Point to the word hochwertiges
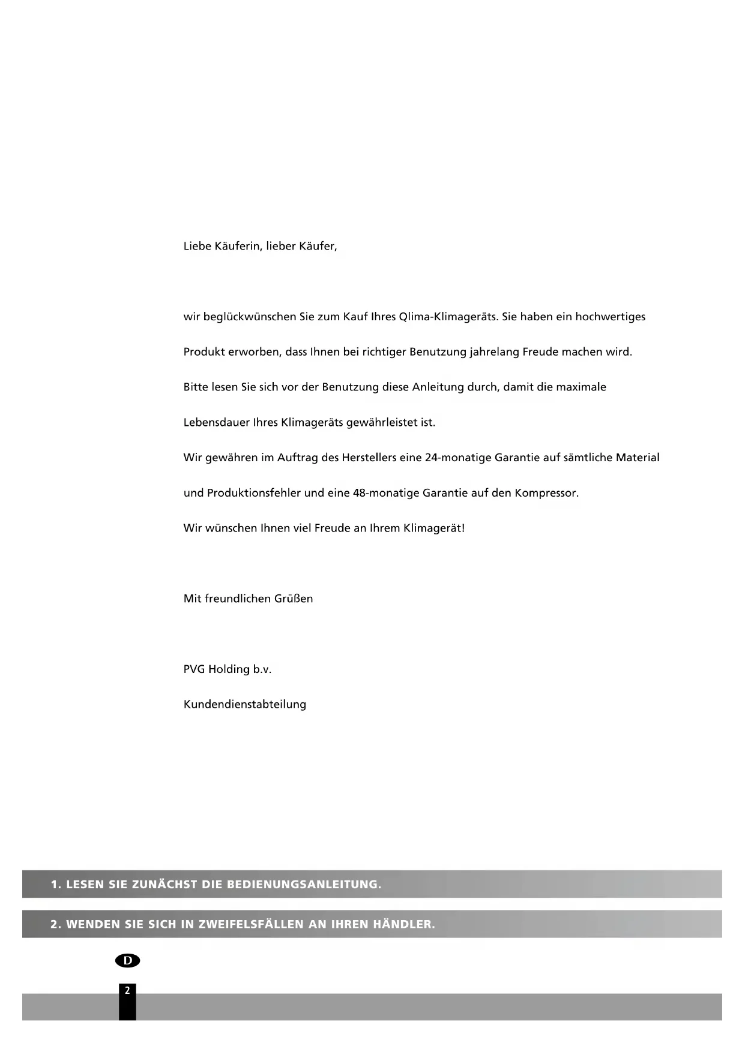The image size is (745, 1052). (610, 317)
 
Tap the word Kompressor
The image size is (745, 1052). (546, 494)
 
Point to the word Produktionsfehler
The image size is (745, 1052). (254, 494)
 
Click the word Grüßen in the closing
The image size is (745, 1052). (294, 599)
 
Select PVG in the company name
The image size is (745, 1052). (194, 669)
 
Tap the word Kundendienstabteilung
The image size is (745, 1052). (245, 705)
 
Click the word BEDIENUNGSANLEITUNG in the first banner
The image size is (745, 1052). (304, 885)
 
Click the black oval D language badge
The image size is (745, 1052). (127, 961)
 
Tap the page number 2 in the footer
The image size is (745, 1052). (127, 991)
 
